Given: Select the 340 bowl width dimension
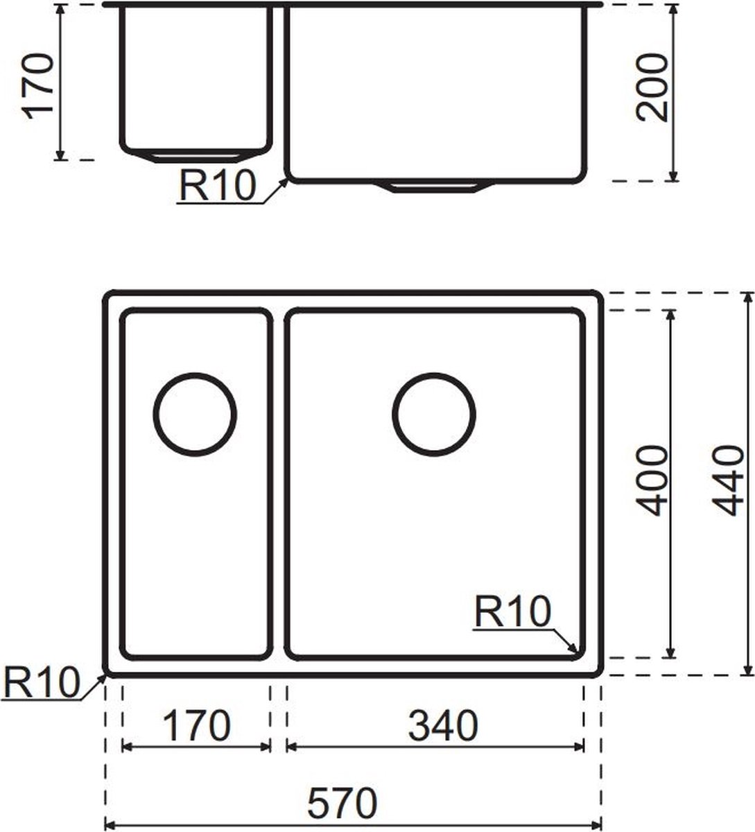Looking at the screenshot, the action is [443, 725].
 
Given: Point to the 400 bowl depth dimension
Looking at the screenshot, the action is [652, 480].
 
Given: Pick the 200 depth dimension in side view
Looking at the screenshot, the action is [652, 88].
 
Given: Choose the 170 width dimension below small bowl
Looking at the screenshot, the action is [197, 725].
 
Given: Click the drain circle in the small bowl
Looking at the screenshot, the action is [195, 415].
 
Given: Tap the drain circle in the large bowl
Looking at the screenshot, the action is [433, 415].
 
